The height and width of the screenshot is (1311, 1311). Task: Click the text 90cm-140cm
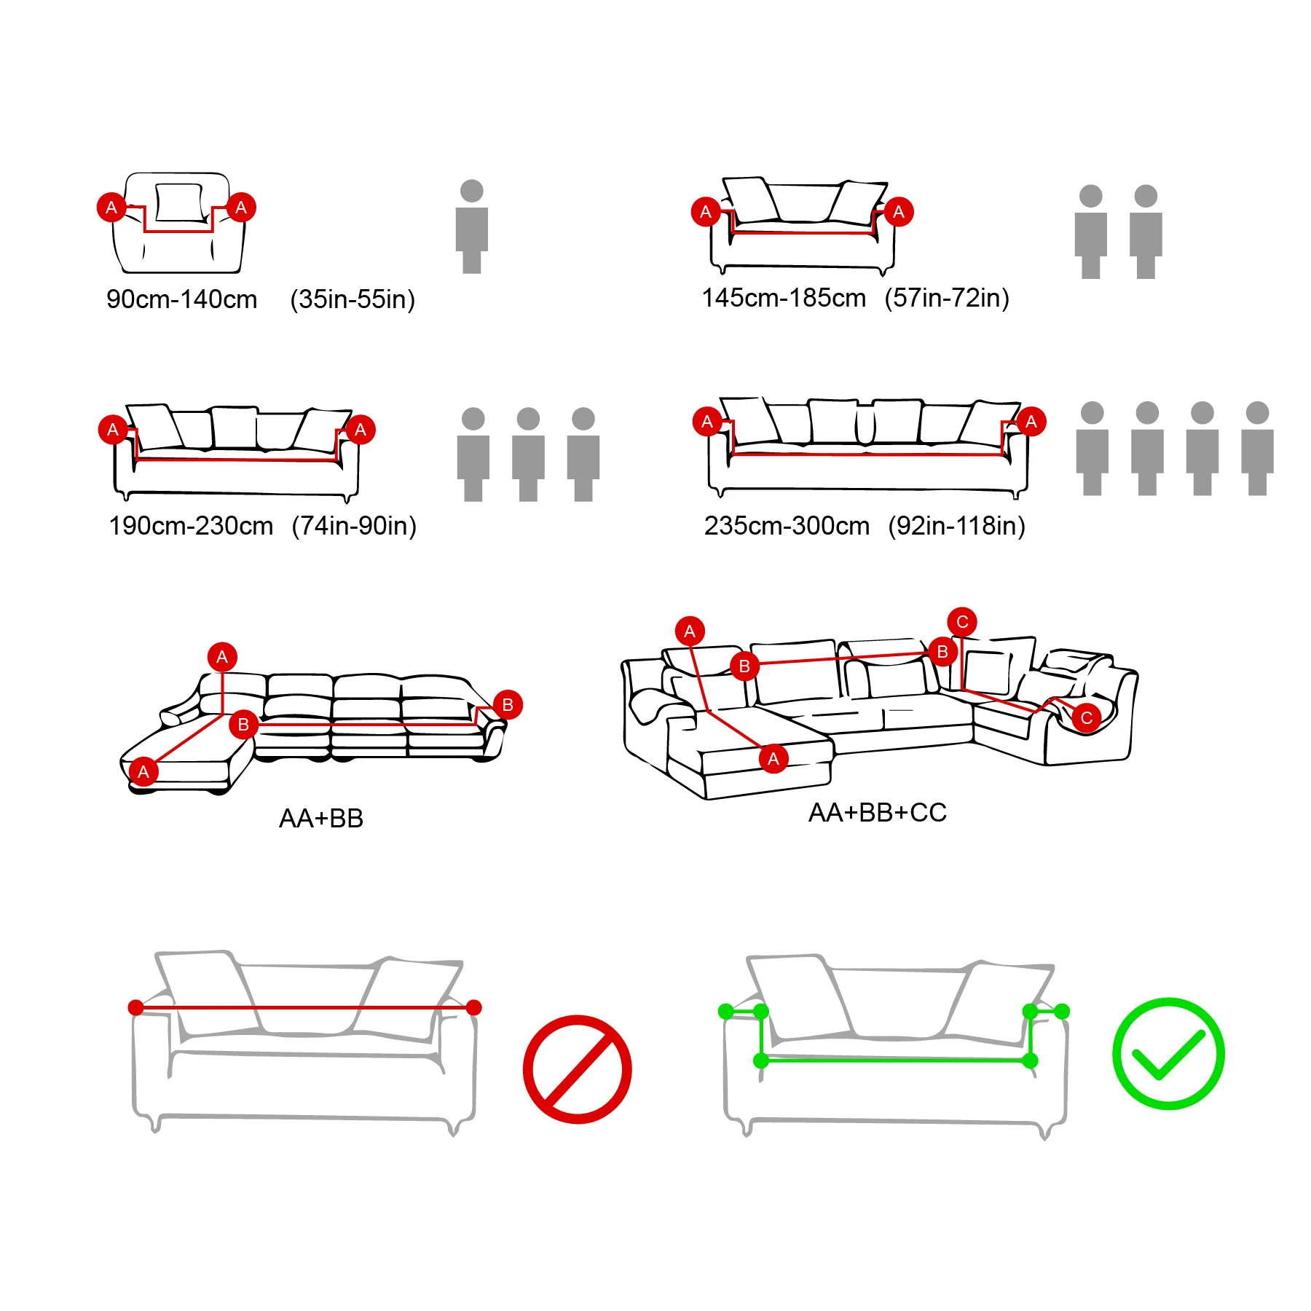point(181,299)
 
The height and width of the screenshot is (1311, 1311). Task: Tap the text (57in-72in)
point(946,298)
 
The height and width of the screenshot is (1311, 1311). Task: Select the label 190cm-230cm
point(191,526)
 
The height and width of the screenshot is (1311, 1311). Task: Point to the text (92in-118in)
point(956,526)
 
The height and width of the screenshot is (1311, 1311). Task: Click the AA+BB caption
point(321,819)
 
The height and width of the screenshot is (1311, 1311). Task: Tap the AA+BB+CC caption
point(877,813)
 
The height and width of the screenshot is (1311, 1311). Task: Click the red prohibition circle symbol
point(577,1069)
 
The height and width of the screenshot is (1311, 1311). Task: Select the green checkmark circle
point(1168,1053)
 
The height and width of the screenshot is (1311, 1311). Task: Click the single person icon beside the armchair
point(472,227)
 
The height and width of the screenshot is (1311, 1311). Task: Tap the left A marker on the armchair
point(111,208)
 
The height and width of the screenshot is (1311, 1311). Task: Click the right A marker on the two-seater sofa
point(898,212)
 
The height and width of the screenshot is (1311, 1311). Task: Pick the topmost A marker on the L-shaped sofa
point(222,657)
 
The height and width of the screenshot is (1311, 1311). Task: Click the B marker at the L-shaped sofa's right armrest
point(508,704)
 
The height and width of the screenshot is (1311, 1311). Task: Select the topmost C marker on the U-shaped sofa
point(961,621)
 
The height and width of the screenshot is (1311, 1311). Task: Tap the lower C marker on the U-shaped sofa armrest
point(1086,717)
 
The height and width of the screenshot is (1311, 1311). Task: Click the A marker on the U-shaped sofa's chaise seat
point(773,758)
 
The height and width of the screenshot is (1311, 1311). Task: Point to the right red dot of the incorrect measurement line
point(473,1007)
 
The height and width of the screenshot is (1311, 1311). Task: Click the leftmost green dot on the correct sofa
point(725,1011)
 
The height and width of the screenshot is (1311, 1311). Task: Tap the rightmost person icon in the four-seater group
point(1257,449)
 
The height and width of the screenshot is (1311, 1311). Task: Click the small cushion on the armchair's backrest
point(178,202)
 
